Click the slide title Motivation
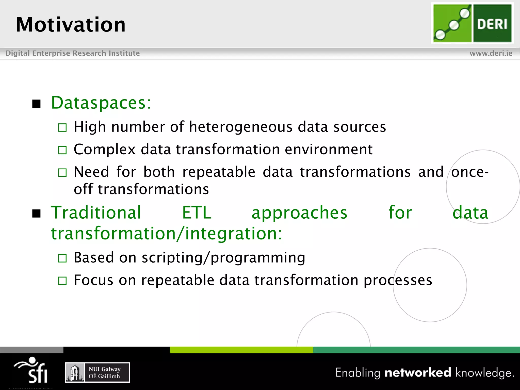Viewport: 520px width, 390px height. [71, 25]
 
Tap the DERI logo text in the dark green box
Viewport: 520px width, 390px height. [492, 24]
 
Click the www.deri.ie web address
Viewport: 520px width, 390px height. [491, 53]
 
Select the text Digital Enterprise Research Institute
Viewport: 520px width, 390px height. [73, 53]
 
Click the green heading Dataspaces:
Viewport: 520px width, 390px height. [101, 103]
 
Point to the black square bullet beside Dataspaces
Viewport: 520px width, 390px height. [37, 104]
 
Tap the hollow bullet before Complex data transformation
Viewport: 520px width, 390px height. [62, 150]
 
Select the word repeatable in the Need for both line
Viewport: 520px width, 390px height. [219, 172]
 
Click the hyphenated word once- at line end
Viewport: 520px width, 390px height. [469, 172]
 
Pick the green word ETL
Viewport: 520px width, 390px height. [197, 213]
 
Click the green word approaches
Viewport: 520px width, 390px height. [299, 213]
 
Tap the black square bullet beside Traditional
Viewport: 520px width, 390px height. [37, 214]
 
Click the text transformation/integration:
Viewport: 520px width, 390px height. [166, 234]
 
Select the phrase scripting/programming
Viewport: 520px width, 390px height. [223, 258]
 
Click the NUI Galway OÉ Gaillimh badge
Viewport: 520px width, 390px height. [97, 372]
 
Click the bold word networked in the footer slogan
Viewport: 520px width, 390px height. [418, 372]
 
